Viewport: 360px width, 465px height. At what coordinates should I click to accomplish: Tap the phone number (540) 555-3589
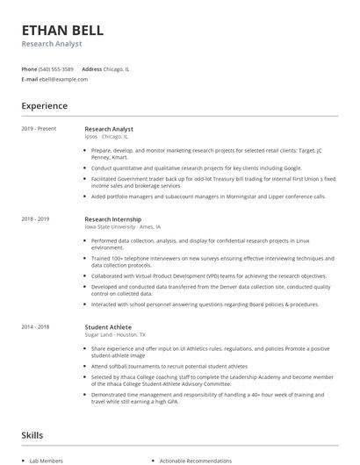point(56,68)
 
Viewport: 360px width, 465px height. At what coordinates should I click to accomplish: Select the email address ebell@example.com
point(64,79)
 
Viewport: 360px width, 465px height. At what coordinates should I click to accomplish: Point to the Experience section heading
point(45,106)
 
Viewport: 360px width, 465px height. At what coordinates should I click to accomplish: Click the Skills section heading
point(32,434)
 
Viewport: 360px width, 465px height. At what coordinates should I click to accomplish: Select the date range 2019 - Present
point(39,129)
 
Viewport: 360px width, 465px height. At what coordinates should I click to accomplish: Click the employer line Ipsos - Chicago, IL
point(106,137)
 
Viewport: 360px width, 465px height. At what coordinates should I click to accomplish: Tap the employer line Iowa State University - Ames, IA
point(122,226)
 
